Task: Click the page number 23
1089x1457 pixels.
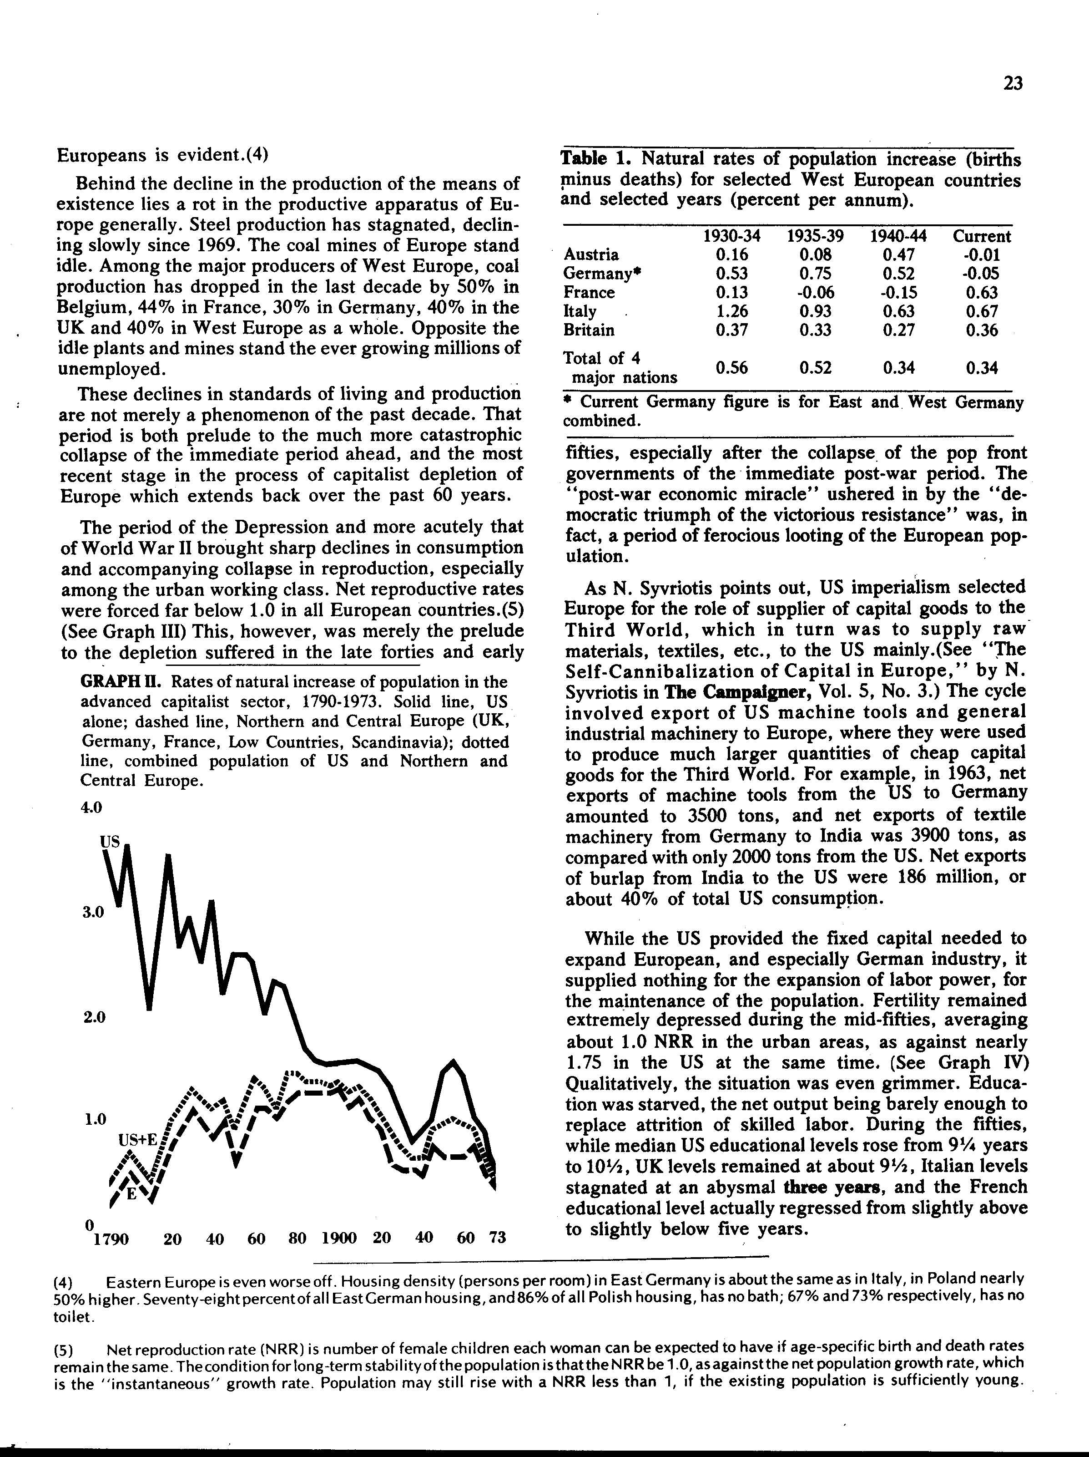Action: click(x=1013, y=84)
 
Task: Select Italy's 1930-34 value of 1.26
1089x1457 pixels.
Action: click(x=731, y=311)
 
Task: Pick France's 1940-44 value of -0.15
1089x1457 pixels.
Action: click(x=899, y=292)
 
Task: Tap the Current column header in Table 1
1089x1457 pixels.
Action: click(x=982, y=236)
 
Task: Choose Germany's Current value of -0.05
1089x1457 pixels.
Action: click(x=982, y=274)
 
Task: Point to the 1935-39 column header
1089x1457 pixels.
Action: click(x=815, y=236)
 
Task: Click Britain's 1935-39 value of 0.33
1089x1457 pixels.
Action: click(x=815, y=330)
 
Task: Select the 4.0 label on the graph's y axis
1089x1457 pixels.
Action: click(x=91, y=807)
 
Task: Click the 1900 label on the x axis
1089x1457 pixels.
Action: click(x=339, y=1237)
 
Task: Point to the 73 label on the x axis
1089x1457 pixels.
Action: click(x=498, y=1237)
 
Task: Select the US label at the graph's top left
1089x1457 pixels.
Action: click(x=110, y=841)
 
